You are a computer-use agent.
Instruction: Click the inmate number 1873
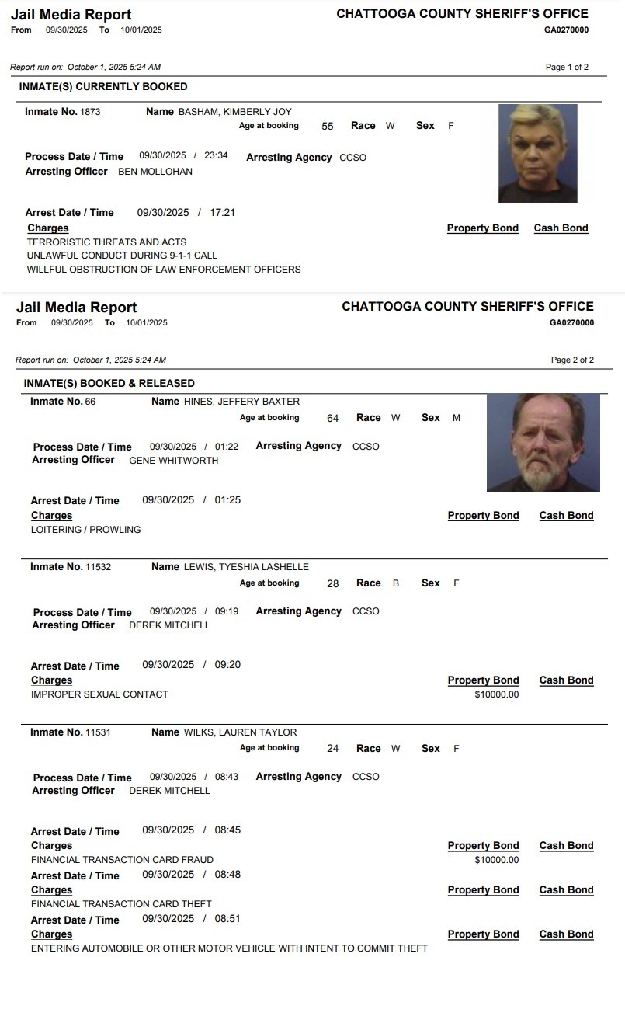[90, 112]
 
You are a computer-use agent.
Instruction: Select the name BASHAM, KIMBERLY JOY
[234, 112]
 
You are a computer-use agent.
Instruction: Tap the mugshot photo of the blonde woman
[537, 153]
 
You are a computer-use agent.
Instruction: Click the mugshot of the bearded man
[543, 442]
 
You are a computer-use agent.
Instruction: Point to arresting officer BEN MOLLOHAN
[155, 172]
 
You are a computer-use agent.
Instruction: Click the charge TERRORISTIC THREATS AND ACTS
[106, 242]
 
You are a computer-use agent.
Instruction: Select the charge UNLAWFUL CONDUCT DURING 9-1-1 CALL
[122, 256]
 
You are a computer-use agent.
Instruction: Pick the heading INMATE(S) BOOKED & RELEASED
[109, 383]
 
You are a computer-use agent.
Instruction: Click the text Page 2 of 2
[572, 360]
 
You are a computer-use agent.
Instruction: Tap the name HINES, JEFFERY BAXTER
[241, 402]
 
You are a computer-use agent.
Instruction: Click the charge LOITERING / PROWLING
[86, 530]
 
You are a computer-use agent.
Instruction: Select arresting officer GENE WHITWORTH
[173, 461]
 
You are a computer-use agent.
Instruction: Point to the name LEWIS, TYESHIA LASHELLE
[246, 567]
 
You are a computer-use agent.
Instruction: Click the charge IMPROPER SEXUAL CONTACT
[99, 694]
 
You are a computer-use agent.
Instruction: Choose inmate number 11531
[98, 732]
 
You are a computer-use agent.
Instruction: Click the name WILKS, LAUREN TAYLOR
[240, 732]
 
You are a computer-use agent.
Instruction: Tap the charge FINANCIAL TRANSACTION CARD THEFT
[121, 904]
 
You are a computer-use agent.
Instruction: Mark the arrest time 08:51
[227, 919]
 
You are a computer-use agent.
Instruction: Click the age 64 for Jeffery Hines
[333, 419]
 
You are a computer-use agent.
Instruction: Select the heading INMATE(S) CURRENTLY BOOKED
[103, 87]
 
